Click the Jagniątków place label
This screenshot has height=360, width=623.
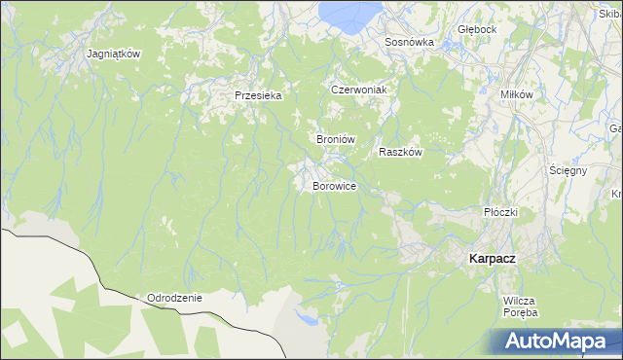coord(114,54)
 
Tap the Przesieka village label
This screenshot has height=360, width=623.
coord(258,95)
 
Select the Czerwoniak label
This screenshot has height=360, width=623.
coord(359,90)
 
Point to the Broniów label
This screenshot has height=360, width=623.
coord(334,139)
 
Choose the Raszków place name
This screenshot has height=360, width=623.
coord(399,152)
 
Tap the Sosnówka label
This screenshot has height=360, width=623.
coord(409,43)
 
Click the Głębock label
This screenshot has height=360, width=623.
coord(477,29)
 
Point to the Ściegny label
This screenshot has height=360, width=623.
coord(567,170)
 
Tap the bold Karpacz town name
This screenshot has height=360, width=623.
coord(492,258)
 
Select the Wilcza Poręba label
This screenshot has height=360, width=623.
coord(521,306)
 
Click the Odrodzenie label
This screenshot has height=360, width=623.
coord(174,298)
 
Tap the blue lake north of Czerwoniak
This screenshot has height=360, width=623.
coord(350,13)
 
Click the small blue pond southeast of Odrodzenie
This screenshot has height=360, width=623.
coord(308,318)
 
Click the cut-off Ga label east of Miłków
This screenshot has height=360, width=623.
coord(615,128)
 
